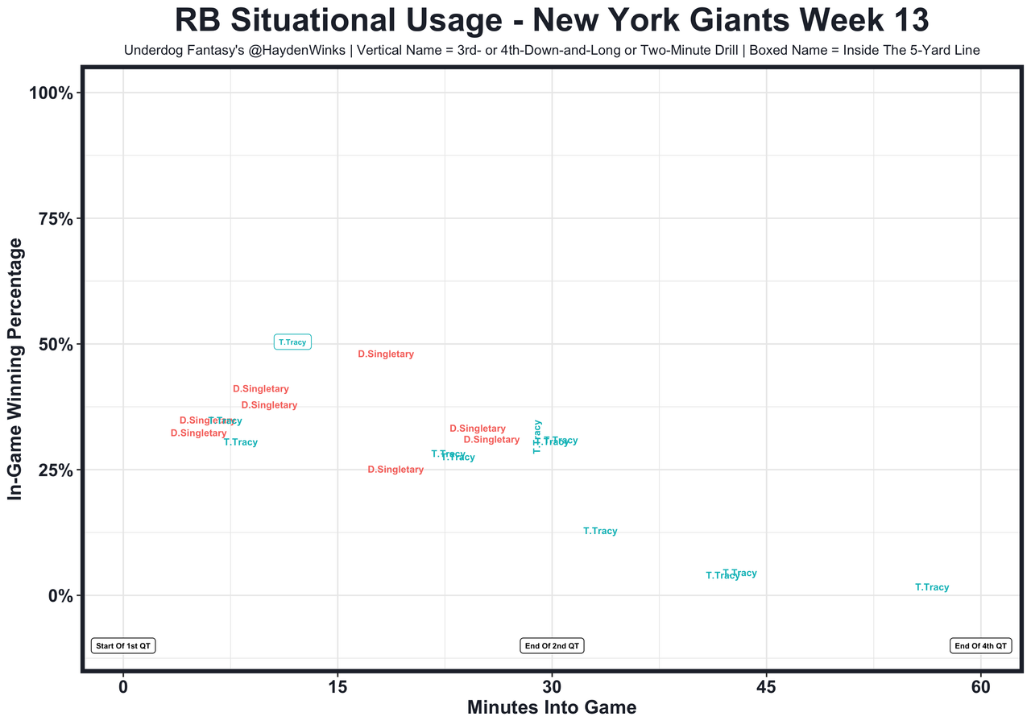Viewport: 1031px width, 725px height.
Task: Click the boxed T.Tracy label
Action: point(292,342)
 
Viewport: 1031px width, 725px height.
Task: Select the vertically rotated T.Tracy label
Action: point(537,437)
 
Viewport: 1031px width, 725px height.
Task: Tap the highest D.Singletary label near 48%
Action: point(386,354)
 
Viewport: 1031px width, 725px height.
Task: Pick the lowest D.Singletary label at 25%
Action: point(395,470)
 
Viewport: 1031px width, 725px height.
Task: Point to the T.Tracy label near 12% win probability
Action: point(600,532)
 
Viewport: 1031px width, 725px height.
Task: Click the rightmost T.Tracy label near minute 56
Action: point(932,588)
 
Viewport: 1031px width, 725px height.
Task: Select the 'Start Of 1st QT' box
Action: point(123,646)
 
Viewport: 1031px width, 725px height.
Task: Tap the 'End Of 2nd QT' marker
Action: point(552,646)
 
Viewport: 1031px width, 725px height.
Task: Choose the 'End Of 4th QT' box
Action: point(980,646)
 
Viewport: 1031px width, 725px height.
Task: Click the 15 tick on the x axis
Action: point(337,687)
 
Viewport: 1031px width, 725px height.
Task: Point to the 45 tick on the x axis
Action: point(766,687)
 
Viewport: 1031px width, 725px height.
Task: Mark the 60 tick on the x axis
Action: point(981,687)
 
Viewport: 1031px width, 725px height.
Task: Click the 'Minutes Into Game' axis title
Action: point(552,708)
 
